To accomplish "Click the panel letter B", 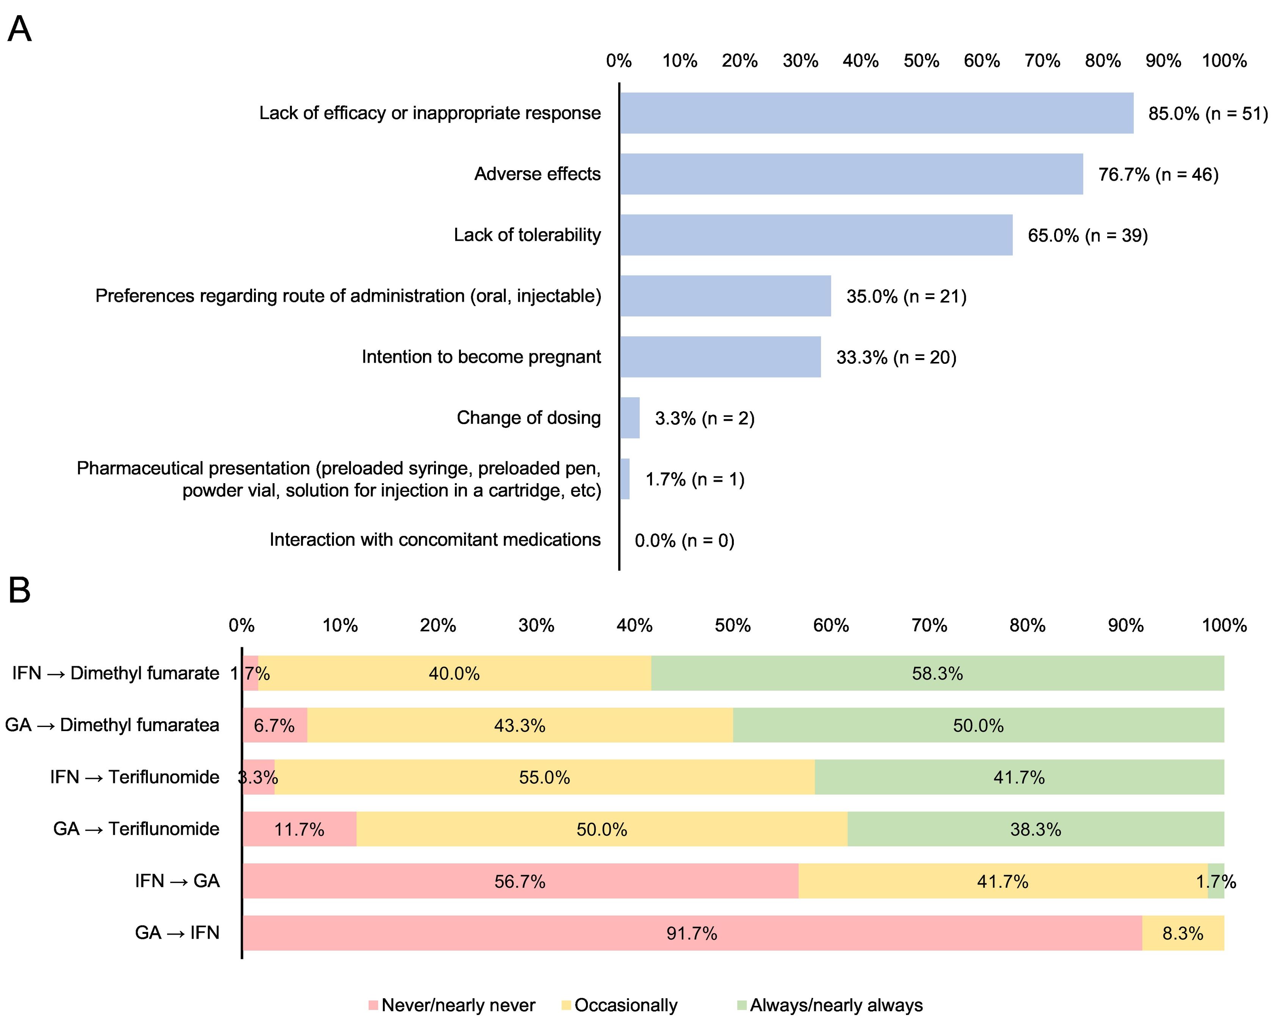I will [19, 590].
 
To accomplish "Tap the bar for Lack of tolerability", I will [815, 235].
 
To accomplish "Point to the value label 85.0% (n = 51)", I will [1207, 113].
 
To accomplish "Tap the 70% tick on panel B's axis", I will [929, 625].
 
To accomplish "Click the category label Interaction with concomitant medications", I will [435, 539].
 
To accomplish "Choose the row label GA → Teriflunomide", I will [136, 828].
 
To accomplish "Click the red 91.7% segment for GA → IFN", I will [691, 933].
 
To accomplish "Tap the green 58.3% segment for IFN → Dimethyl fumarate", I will [937, 673].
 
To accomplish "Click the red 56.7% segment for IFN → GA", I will [520, 881].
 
